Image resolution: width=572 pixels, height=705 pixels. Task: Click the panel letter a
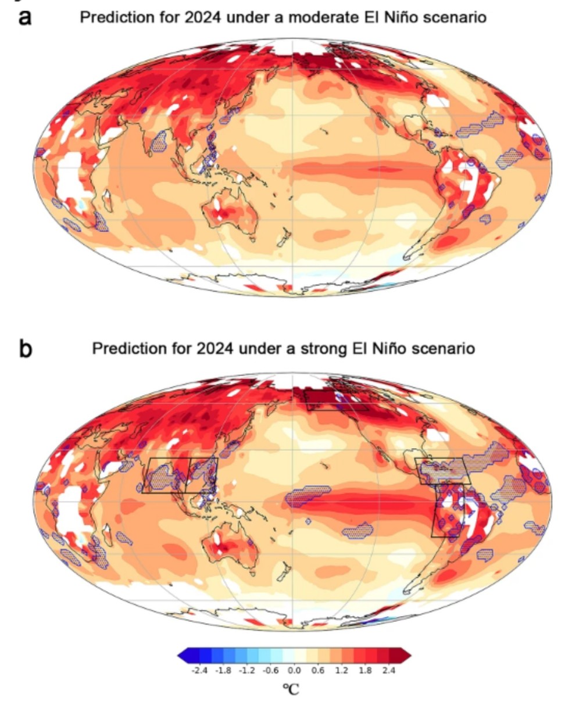[25, 17]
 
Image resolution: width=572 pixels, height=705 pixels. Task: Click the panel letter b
[26, 349]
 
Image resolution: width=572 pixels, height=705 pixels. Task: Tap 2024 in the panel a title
[202, 17]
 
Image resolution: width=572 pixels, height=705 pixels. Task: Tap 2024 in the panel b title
[214, 349]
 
